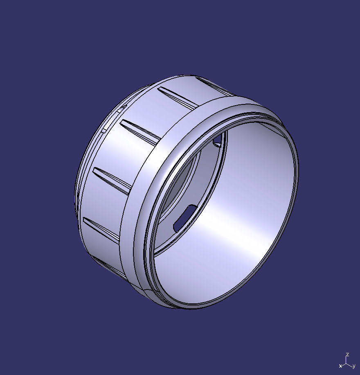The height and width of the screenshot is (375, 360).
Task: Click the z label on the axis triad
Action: click(347, 355)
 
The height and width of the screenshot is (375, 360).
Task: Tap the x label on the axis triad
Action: click(340, 366)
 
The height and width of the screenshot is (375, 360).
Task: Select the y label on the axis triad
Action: click(354, 366)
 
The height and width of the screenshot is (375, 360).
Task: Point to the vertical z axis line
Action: click(347, 359)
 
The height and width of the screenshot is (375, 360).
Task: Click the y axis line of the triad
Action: click(350, 364)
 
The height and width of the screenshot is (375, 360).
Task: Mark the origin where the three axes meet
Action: click(347, 362)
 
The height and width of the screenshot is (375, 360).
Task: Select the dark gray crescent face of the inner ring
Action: click(184, 180)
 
